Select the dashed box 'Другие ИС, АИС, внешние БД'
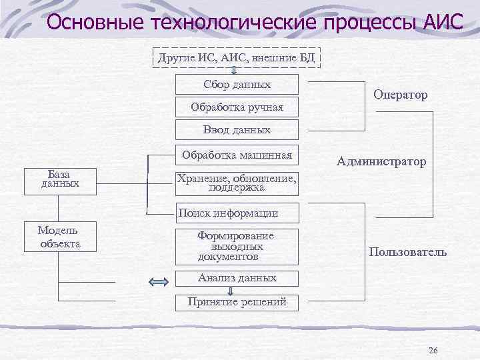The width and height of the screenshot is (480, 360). coord(237,57)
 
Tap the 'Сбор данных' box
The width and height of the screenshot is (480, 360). coord(237,85)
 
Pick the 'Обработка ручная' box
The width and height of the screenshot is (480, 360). coord(237,107)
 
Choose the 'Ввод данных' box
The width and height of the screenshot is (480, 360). coord(237,129)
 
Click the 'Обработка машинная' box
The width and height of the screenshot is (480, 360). coord(237,156)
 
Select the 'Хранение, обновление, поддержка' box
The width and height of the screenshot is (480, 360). coord(237,183)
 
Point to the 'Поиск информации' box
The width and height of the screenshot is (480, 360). coord(237,213)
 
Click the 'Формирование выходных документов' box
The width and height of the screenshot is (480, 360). coord(237,246)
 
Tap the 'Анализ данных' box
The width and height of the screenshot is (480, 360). coord(237,278)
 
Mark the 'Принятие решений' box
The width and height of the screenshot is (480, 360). coord(237,302)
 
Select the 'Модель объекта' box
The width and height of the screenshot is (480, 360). coord(59,237)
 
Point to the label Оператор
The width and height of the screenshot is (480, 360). coord(401,95)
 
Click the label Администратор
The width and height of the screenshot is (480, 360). coord(381,161)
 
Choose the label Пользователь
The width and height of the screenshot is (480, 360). coord(407,253)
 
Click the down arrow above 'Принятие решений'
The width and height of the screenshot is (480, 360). coord(230,291)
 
